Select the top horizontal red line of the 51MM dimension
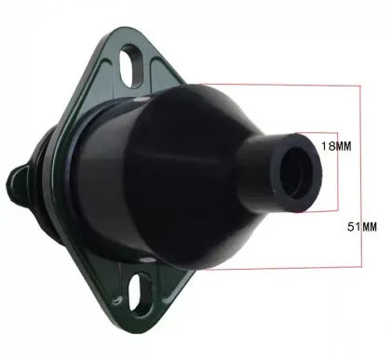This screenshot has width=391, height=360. (x=279, y=84)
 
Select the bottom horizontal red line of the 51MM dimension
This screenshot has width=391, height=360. (x=279, y=268)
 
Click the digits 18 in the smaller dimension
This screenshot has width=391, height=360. (x=325, y=146)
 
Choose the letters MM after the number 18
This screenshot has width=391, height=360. (x=343, y=146)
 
